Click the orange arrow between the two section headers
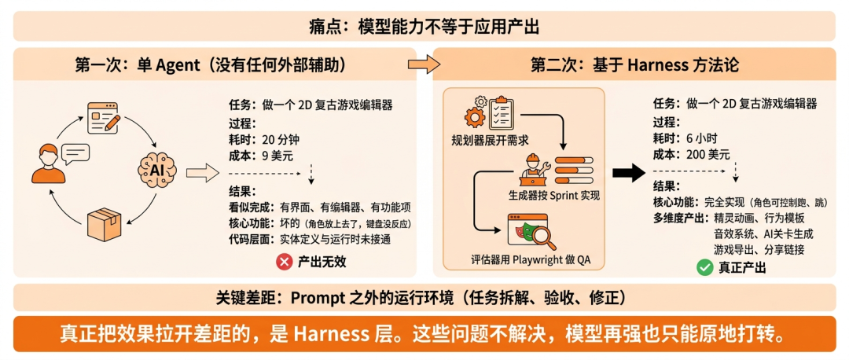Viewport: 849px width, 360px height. [424, 64]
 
